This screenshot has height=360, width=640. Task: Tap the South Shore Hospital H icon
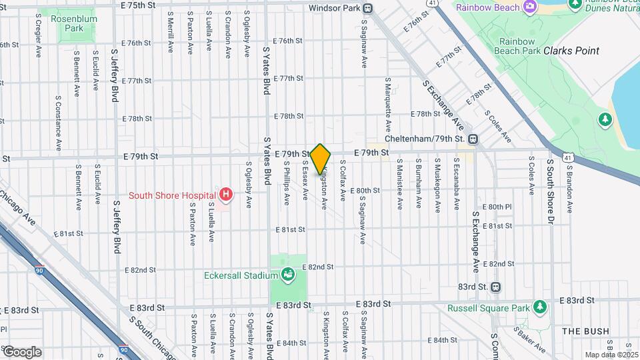coord(227,195)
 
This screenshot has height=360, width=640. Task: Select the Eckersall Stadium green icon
coord(288,274)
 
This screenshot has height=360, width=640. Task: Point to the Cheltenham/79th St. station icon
coord(473,139)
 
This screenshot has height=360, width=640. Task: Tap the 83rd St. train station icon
coord(495,287)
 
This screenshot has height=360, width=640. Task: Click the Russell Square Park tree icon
coord(540,307)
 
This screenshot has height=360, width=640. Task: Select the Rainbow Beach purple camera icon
coord(530,7)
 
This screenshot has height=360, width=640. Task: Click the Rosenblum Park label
coord(75,24)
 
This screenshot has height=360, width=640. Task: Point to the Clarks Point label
coord(571,51)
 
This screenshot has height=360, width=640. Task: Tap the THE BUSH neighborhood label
coord(585,331)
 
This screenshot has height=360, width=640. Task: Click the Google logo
coord(21,351)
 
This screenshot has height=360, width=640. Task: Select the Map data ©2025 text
coord(611,355)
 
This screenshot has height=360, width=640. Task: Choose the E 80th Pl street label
coord(497,207)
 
